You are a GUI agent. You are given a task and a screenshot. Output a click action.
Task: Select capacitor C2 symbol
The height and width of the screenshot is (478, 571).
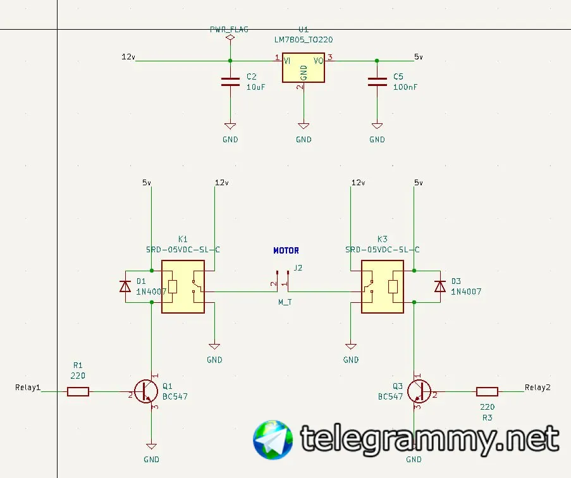230,81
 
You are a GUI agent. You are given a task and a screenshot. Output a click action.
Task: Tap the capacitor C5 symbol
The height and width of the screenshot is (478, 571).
377,81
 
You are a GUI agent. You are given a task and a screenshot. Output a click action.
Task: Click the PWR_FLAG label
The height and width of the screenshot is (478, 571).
230,30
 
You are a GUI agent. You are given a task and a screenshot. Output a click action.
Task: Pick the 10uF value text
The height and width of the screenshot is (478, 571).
255,87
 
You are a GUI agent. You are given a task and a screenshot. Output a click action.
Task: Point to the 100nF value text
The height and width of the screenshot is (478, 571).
405,87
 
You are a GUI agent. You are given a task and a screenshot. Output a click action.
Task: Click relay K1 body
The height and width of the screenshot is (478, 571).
183,286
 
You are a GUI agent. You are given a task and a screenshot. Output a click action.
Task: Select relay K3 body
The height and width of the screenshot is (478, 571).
382,286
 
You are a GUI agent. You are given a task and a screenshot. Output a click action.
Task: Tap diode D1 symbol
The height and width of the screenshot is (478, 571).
125,286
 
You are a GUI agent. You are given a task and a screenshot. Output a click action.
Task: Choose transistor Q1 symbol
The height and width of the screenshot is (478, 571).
147,392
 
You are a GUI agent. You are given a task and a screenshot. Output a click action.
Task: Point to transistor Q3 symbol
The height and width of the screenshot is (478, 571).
419,391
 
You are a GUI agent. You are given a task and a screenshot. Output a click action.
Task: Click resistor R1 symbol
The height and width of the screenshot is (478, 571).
78,392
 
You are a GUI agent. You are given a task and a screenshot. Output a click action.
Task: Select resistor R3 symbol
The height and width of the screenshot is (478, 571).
487,391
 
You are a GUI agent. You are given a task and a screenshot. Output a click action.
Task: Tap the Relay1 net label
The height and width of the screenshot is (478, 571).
28,388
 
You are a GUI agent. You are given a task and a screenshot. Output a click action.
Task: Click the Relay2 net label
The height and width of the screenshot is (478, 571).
537,388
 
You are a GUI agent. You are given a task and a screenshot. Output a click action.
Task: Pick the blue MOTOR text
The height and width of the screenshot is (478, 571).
286,250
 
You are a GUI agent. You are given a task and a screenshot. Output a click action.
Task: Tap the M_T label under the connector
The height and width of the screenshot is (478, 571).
285,302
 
